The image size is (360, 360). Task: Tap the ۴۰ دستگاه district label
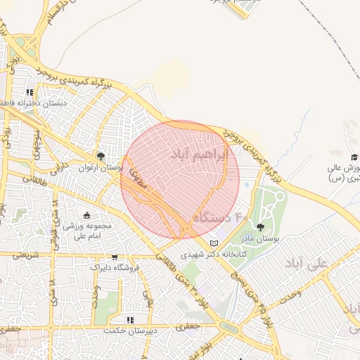click(x=221, y=218)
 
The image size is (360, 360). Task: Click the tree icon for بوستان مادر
click(x=261, y=227)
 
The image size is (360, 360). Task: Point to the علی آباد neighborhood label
click(x=307, y=263)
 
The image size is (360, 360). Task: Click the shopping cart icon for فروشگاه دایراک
click(x=115, y=257)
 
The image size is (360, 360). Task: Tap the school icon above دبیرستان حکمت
click(x=129, y=319)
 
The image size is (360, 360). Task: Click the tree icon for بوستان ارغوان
click(x=101, y=156)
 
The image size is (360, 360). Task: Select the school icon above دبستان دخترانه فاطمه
click(x=30, y=91)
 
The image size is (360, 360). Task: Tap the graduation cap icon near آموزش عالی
click(x=354, y=156)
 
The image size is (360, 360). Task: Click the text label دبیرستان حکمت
click(x=129, y=330)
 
